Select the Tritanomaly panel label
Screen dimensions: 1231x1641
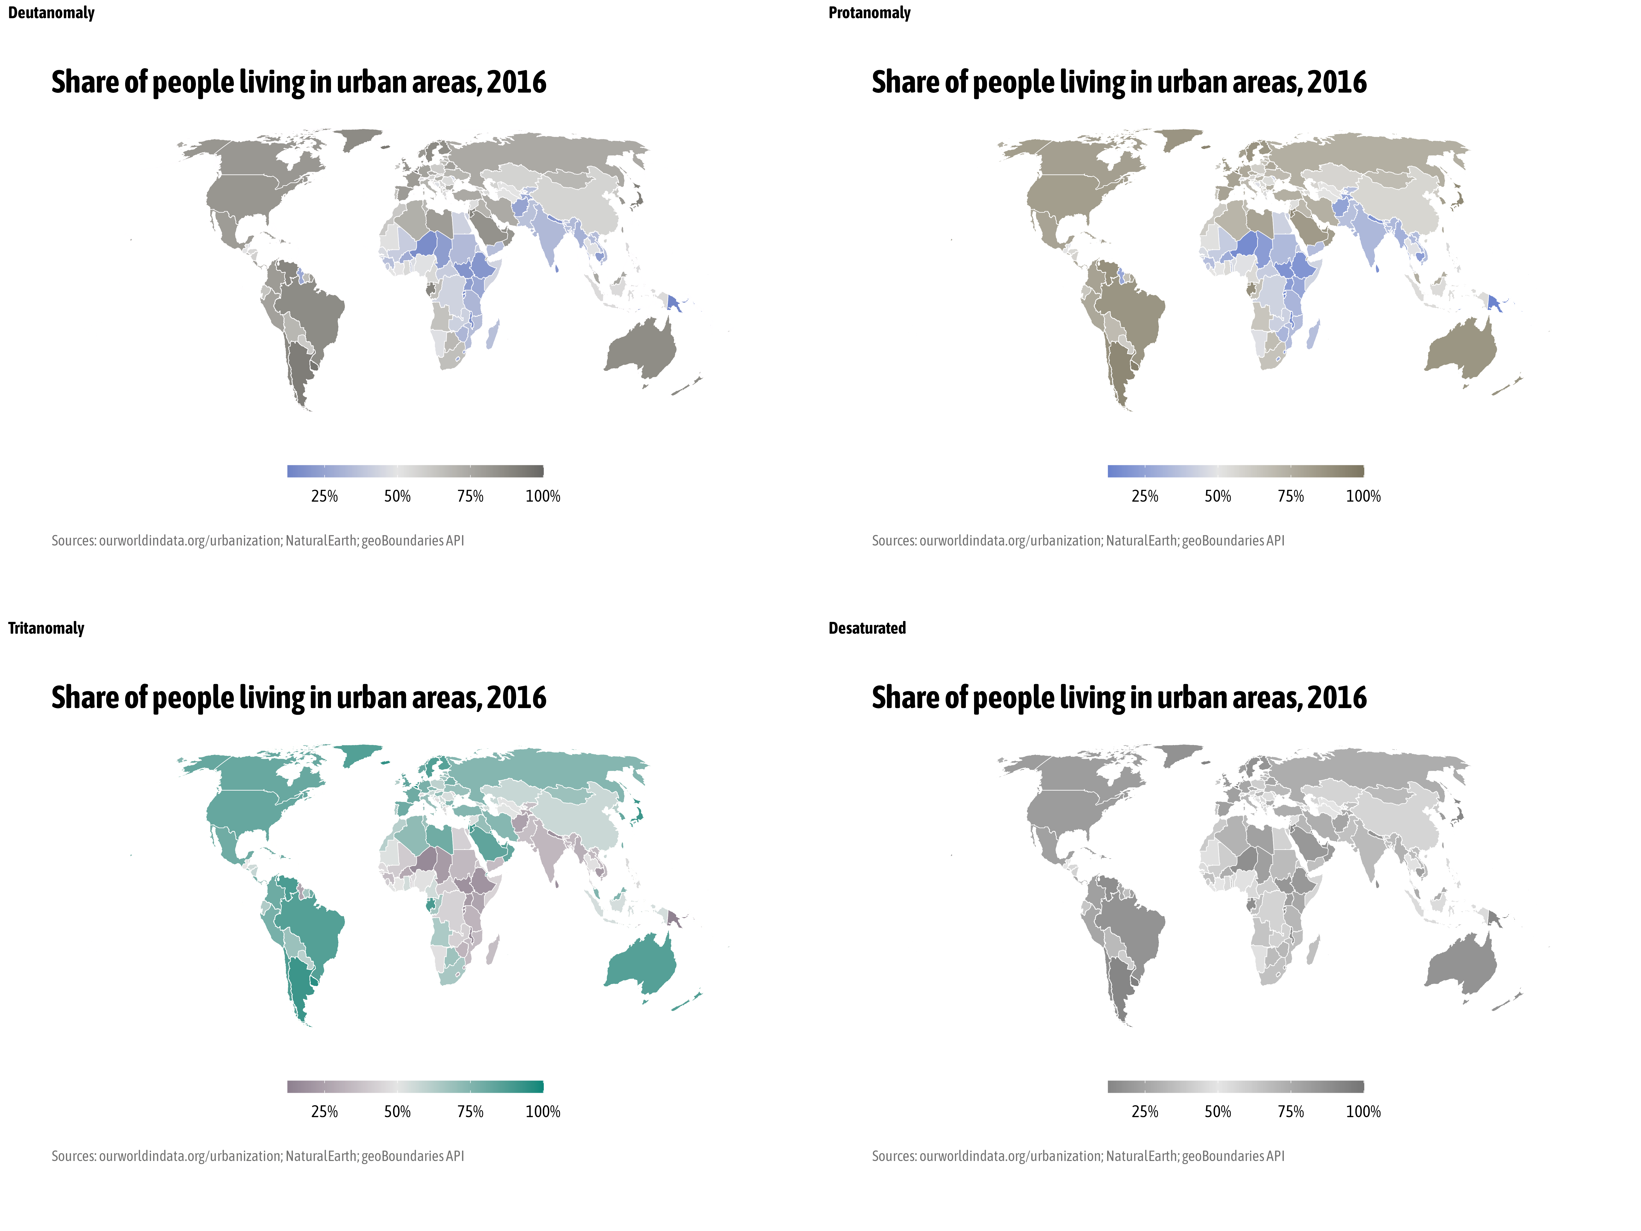pos(46,629)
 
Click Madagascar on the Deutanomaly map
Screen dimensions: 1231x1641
pos(493,334)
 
